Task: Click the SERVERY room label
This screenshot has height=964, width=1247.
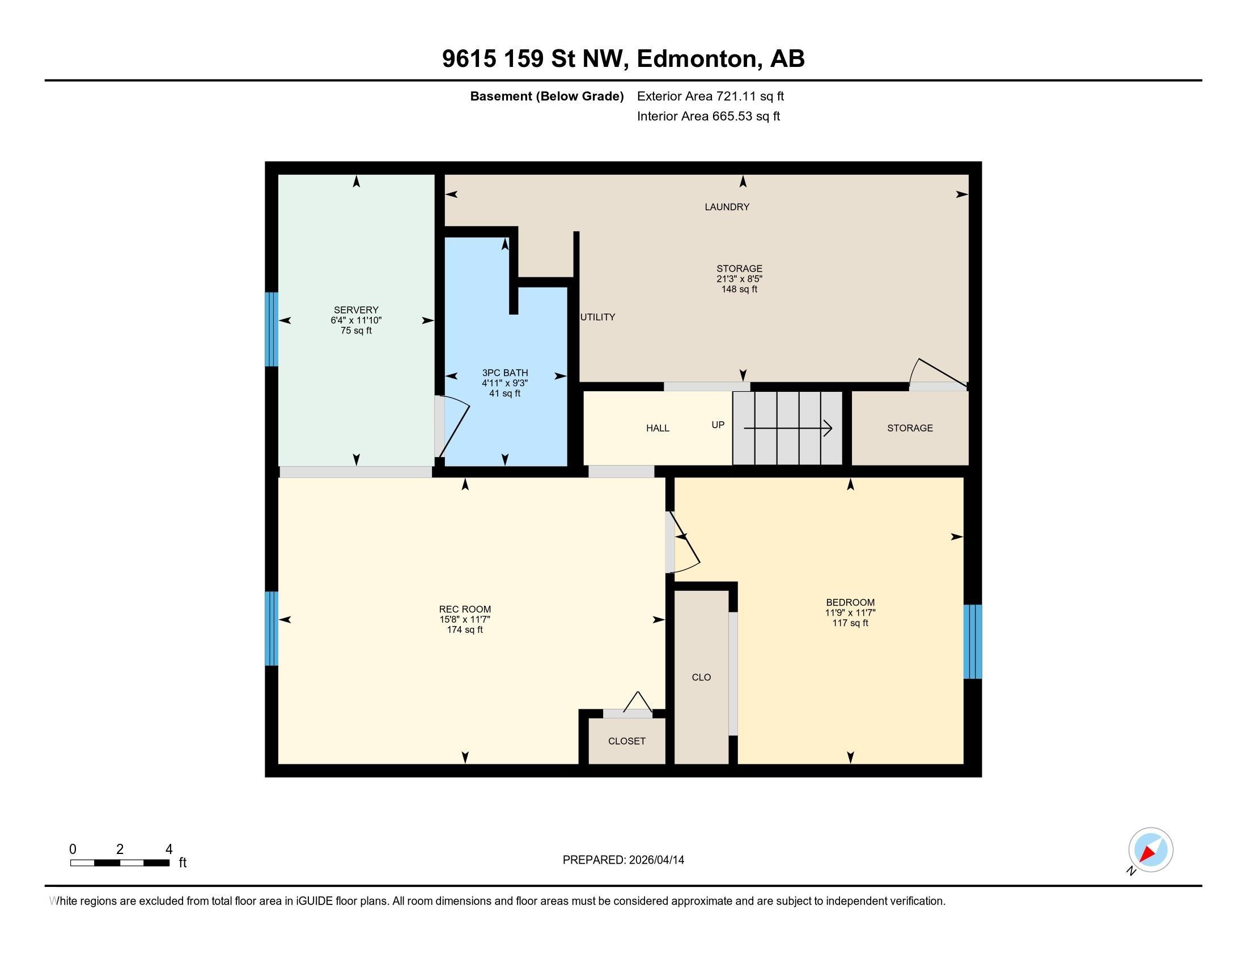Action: [x=356, y=310]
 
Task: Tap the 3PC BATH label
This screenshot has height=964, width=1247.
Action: [x=504, y=373]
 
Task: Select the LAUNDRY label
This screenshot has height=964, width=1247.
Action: [x=726, y=207]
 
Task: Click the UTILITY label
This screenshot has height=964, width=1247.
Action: [x=597, y=317]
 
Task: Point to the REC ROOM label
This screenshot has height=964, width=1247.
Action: [x=465, y=610]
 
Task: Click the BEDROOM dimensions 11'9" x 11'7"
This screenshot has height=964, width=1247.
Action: [x=850, y=613]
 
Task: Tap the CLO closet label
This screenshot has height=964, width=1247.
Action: [x=701, y=677]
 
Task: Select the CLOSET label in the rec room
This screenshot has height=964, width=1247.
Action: [x=626, y=741]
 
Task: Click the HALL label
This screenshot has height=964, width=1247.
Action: [x=657, y=428]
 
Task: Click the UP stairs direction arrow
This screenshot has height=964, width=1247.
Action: [x=788, y=428]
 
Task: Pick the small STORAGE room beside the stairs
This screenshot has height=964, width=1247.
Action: [x=910, y=428]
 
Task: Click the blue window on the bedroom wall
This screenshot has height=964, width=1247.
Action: [x=972, y=641]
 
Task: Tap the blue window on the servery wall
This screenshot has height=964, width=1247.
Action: [x=272, y=329]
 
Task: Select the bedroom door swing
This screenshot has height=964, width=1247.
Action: [x=685, y=543]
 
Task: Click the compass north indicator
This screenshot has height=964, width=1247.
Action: [x=1150, y=850]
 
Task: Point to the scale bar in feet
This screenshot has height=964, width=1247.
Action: [x=120, y=862]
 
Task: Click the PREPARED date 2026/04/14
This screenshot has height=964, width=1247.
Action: [x=623, y=860]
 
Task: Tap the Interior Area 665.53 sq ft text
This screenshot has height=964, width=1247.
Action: [x=708, y=116]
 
